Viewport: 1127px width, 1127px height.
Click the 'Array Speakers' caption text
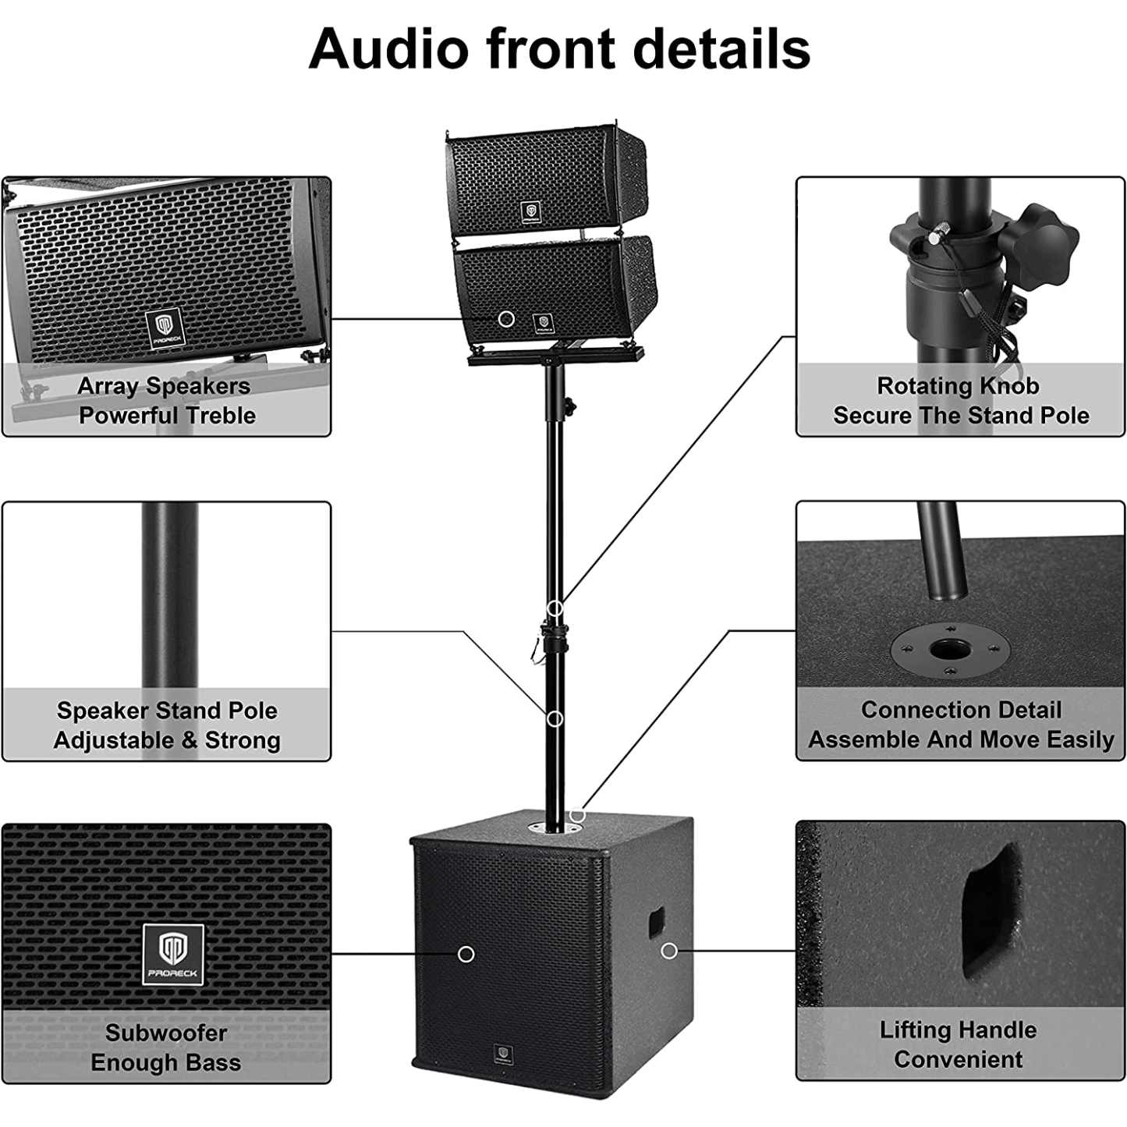click(164, 386)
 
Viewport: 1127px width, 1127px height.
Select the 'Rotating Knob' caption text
click(958, 386)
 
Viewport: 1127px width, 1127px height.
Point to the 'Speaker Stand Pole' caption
click(167, 711)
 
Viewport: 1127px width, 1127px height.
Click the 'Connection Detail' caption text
click(961, 710)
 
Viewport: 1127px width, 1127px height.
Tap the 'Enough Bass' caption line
click(165, 1063)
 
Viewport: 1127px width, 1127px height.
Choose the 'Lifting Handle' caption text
click(958, 1030)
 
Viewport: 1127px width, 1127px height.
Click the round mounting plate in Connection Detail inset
click(950, 649)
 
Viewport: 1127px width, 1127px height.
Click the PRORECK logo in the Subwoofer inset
click(173, 954)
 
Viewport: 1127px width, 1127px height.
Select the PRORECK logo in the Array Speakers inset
click(165, 328)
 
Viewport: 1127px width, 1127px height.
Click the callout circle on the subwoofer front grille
click(466, 954)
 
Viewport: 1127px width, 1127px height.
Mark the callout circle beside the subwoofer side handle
click(668, 951)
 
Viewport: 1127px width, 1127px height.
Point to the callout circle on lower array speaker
click(506, 318)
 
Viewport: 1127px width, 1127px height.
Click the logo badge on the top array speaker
click(531, 212)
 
